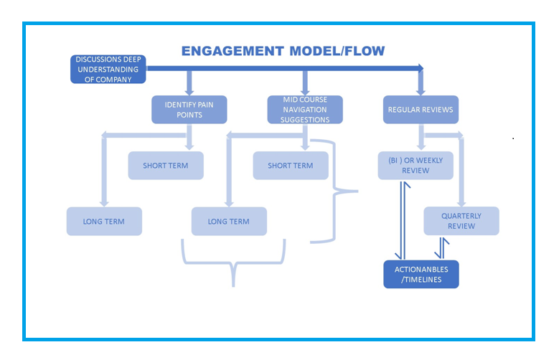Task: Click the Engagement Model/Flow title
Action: click(283, 51)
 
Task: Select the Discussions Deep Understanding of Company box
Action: click(108, 69)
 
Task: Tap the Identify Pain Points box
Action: click(189, 110)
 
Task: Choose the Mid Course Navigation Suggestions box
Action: click(305, 110)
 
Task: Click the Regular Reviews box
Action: click(421, 110)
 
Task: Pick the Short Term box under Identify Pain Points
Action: click(165, 166)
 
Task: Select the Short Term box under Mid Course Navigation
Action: click(291, 166)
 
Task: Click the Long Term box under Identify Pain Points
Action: click(104, 222)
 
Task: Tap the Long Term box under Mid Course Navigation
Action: click(229, 222)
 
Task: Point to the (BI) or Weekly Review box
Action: click(415, 166)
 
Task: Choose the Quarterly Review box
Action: click(461, 221)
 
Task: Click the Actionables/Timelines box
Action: click(421, 275)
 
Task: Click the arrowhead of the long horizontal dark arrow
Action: click(419, 69)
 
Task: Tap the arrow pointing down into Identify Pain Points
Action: click(189, 83)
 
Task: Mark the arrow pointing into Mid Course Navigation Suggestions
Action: click(305, 83)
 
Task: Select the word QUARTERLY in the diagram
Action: click(461, 216)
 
